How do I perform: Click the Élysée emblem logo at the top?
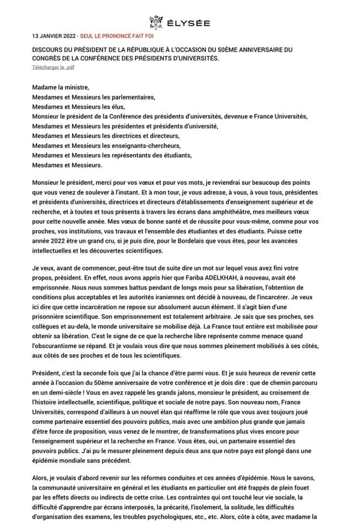pos(156,21)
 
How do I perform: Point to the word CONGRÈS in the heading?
pos(47,57)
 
